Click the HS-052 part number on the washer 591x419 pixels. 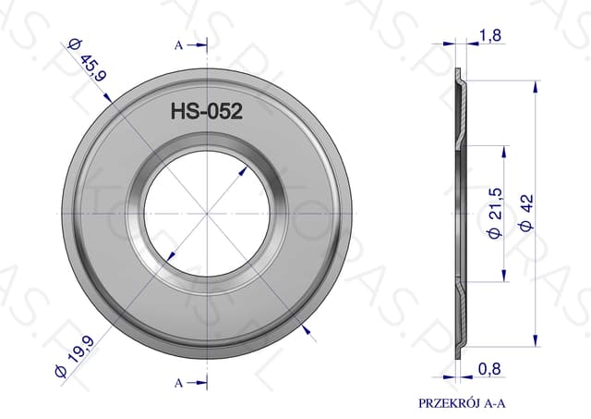207,111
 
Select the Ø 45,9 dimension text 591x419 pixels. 87,59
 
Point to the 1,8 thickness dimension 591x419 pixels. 490,35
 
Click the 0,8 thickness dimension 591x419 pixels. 489,369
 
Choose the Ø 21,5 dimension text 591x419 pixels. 496,213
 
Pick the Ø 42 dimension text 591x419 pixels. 526,212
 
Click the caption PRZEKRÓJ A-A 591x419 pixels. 462,403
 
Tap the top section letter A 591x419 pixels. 178,45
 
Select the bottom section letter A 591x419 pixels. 178,383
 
